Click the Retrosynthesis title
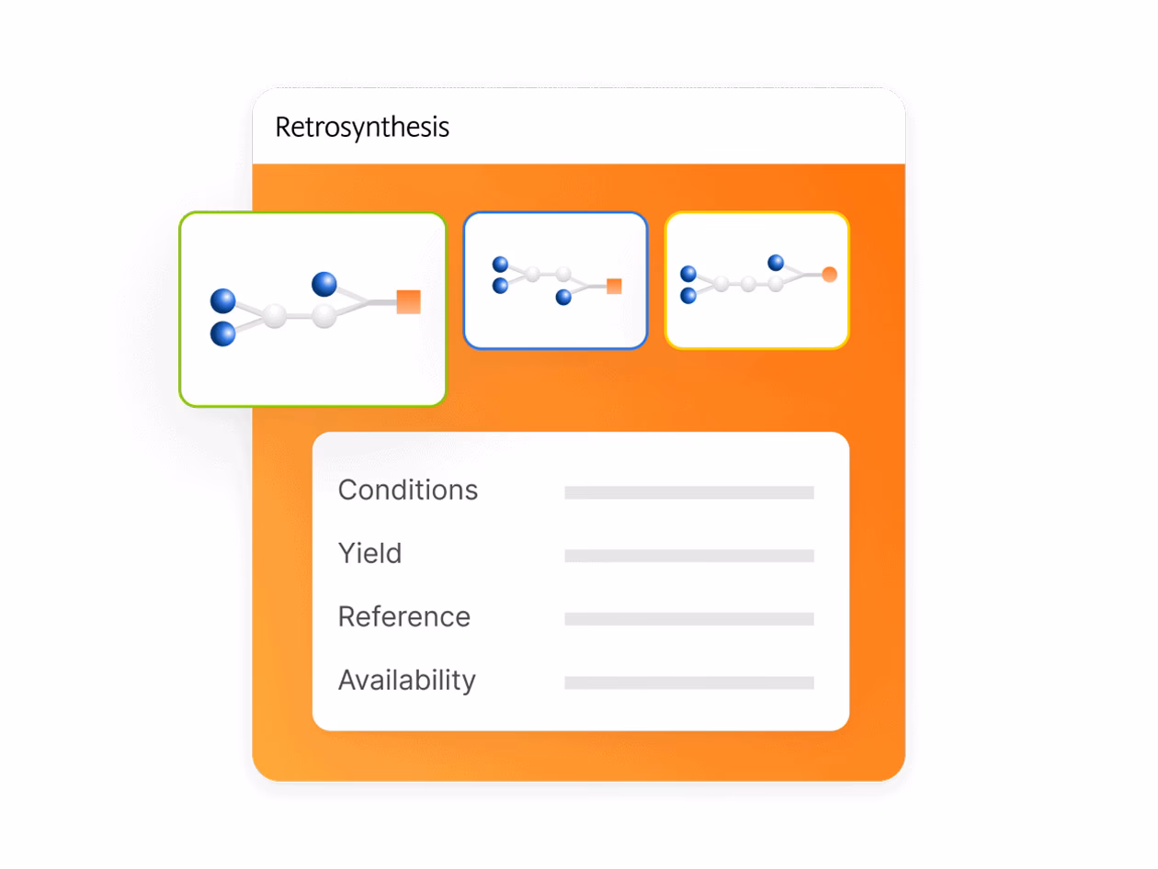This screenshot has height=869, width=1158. [362, 127]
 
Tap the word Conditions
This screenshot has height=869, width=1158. [408, 490]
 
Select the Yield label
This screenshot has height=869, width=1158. [369, 553]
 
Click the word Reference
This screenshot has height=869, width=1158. [404, 616]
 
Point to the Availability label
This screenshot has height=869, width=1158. [407, 680]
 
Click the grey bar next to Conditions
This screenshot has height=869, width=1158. [689, 492]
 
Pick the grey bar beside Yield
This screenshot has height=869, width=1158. [689, 556]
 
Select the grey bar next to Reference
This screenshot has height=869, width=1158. [689, 619]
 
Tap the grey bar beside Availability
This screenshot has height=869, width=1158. [689, 683]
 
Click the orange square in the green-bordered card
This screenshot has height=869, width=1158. [408, 301]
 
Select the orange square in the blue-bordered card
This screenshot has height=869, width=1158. [614, 286]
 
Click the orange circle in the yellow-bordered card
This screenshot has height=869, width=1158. [829, 274]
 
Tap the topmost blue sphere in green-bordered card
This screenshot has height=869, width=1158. [324, 284]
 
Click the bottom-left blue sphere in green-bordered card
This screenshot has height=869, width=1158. [222, 333]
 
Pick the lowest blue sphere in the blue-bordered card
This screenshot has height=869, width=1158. [563, 298]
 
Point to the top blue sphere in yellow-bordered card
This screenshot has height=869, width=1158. [776, 263]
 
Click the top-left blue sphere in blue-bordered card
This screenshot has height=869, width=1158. [500, 265]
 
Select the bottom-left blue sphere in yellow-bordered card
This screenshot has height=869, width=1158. [688, 295]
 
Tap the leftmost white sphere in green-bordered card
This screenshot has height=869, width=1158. [274, 316]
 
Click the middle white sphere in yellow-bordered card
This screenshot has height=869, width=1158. [748, 284]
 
